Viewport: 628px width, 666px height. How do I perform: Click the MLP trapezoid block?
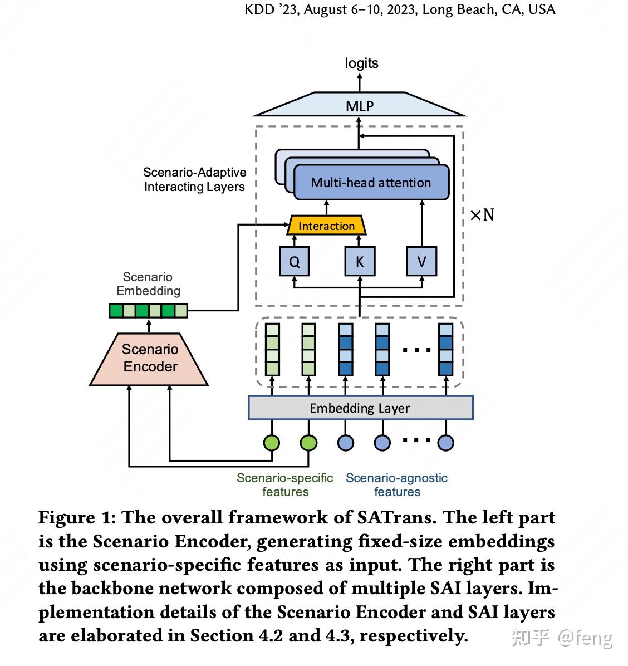point(360,104)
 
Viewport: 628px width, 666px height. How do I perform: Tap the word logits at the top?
point(361,63)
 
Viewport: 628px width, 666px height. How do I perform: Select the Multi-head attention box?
point(371,182)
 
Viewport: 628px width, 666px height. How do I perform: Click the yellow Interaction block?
point(326,225)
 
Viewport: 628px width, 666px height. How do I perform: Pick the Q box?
point(295,261)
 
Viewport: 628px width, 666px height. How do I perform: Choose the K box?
point(360,261)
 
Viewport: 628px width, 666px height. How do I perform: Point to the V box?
point(421,261)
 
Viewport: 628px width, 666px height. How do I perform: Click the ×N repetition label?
point(482,214)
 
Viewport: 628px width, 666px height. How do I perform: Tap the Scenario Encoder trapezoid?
point(149,359)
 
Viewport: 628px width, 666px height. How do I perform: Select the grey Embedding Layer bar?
point(361,408)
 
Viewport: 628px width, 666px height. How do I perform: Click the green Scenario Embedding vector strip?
point(148,311)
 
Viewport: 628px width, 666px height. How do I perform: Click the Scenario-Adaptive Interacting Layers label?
point(195,179)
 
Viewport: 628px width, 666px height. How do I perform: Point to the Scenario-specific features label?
point(285,484)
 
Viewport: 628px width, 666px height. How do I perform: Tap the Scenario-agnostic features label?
point(396,484)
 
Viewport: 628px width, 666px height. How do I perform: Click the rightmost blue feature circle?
point(446,443)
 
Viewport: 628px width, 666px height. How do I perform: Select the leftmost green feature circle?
point(272,443)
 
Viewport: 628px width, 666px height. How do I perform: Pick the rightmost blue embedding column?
point(446,350)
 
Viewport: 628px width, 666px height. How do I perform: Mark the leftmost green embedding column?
point(272,350)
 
